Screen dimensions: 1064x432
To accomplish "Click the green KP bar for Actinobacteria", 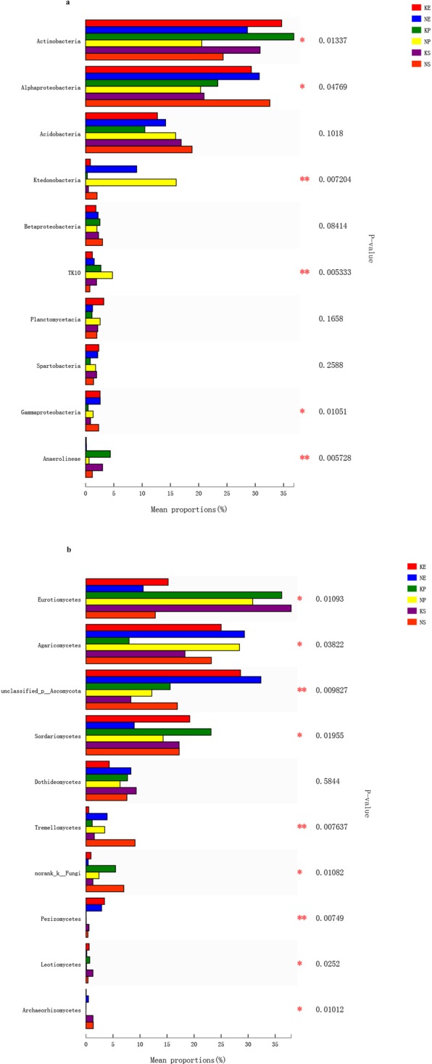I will pyautogui.click(x=189, y=36).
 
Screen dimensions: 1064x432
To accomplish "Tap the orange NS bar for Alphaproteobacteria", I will pyautogui.click(x=178, y=103).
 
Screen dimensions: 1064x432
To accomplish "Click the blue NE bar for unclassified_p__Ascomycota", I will pyautogui.click(x=173, y=679).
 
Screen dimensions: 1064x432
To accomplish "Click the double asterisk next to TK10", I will pyautogui.click(x=304, y=272).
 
